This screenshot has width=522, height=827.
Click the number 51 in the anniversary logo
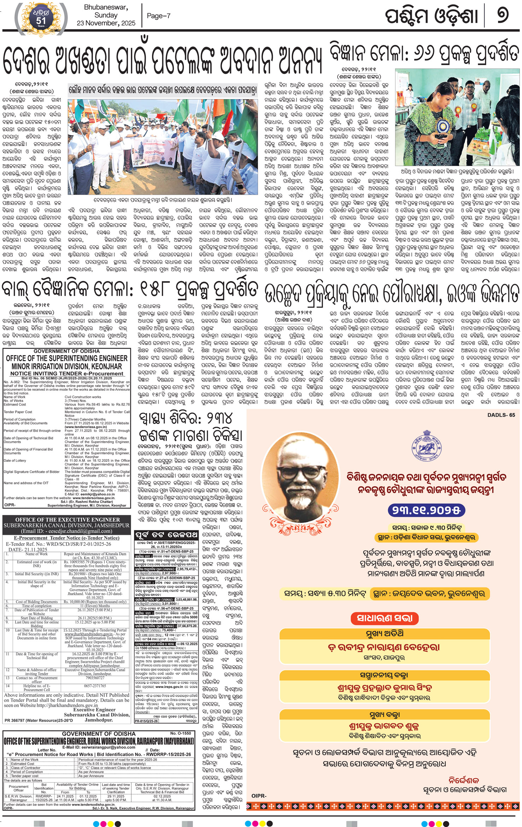[41, 21]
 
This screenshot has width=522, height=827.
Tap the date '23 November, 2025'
[106, 23]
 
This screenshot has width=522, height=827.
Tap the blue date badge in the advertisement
[426, 510]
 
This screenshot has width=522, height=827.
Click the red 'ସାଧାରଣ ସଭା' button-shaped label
[384, 618]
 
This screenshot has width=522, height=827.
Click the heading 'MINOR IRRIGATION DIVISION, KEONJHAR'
[67, 366]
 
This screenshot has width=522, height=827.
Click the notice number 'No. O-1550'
[180, 733]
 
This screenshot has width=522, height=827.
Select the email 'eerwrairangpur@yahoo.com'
[99, 747]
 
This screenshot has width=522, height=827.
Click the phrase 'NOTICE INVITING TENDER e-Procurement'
[67, 373]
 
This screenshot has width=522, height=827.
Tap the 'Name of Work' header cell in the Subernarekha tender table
[36, 554]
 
